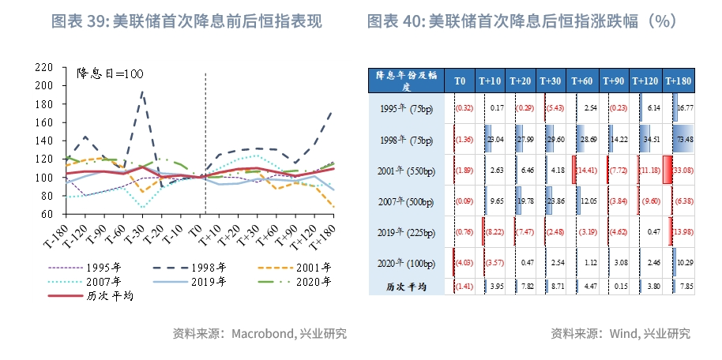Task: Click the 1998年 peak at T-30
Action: point(142,92)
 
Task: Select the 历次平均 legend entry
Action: point(107,296)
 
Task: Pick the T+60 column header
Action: point(583,81)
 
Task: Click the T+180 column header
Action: point(678,81)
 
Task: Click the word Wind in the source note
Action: point(622,334)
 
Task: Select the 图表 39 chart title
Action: point(186,21)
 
